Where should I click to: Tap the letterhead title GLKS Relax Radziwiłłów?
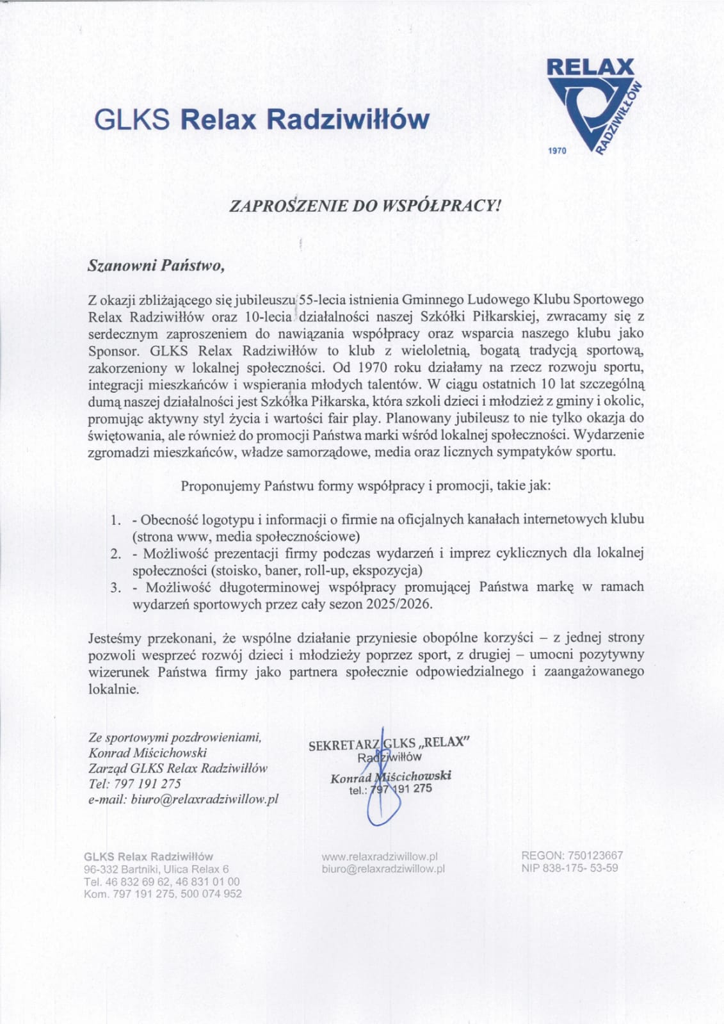coord(262,119)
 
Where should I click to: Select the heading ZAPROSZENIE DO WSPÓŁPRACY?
coord(363,206)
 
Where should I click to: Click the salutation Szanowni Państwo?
coord(156,265)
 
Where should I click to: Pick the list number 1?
coord(115,519)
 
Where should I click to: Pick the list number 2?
coord(115,553)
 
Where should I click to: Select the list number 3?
coord(115,587)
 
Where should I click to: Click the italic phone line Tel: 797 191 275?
coord(135,783)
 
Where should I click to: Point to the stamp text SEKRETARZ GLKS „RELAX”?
coord(389,744)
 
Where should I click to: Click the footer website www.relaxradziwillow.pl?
coord(379,856)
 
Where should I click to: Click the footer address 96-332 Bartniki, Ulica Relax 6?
coord(156,869)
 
